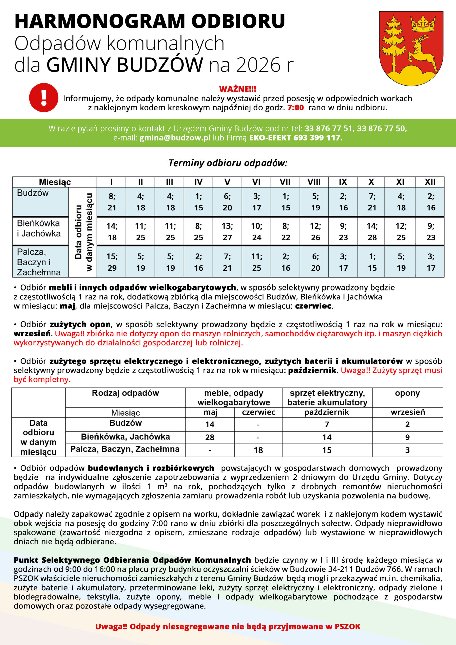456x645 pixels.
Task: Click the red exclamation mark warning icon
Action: click(44, 98)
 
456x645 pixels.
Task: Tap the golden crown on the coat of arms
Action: click(422, 24)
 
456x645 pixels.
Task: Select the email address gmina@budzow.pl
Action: click(175, 138)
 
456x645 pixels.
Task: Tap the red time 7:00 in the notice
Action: click(295, 108)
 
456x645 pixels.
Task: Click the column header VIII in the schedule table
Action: click(314, 182)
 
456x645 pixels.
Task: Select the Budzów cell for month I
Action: click(112, 202)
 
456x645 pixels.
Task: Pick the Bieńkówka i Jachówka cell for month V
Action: click(227, 232)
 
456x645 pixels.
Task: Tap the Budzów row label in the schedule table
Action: click(33, 193)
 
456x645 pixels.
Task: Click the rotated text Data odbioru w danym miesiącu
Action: click(83, 232)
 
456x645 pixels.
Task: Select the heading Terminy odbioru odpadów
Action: click(228, 163)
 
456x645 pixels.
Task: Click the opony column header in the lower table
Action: click(407, 393)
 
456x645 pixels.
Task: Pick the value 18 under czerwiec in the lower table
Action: click(258, 450)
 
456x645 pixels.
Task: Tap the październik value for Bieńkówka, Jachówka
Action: click(327, 437)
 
